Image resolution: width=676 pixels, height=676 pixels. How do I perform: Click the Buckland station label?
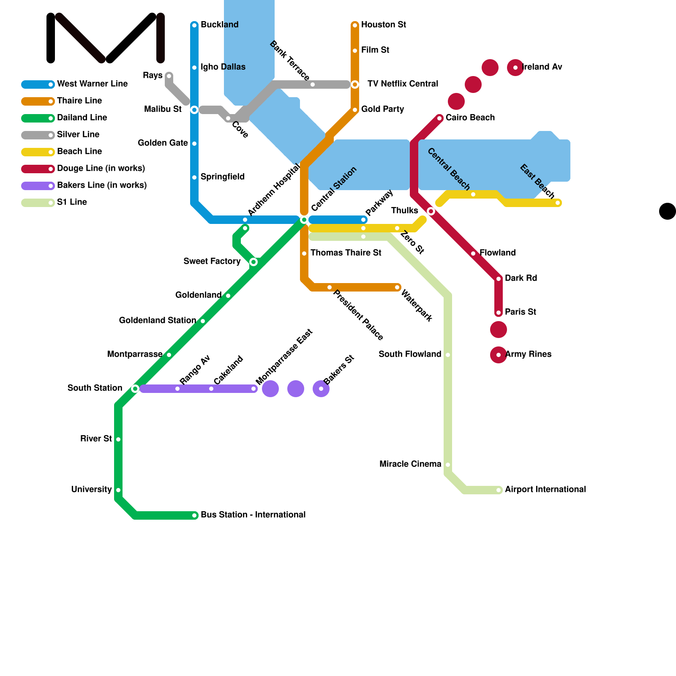coord(219,25)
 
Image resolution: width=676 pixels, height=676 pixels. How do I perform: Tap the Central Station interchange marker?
coord(304,220)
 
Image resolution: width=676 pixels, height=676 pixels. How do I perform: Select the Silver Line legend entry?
coord(78,135)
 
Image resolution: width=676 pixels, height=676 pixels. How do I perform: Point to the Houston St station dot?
coord(355,25)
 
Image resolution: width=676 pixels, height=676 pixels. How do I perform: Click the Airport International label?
coord(545,490)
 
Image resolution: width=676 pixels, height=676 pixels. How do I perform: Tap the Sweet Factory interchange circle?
coord(253,262)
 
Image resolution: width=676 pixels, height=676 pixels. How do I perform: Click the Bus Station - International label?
coord(253,515)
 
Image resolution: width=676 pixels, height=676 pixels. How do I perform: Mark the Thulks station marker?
coord(431,211)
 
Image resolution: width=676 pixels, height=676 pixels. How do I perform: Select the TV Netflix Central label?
coord(403,84)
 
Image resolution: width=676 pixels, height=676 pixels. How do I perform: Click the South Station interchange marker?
coord(135,389)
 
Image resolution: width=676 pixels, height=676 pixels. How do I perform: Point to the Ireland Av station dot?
coord(515,68)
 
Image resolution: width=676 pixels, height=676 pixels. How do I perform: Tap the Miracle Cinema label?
coord(410,464)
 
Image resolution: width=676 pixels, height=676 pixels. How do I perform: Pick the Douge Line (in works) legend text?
coord(101,169)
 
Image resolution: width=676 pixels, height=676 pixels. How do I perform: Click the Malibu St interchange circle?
coord(194,110)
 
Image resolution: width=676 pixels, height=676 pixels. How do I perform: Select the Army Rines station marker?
coord(499,355)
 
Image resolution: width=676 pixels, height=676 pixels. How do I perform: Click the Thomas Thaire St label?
coord(346,253)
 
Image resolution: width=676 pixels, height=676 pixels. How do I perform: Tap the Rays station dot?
coord(169,76)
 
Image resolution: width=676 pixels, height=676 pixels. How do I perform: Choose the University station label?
coord(91,490)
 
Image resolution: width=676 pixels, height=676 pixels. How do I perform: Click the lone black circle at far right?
coord(668,211)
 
